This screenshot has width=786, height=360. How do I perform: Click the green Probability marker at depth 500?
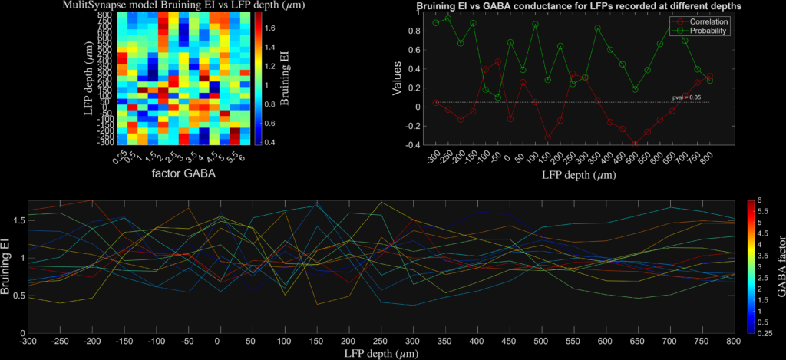(x=635, y=89)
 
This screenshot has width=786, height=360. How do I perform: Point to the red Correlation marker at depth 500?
(x=635, y=144)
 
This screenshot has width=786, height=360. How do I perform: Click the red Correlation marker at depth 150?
(x=547, y=137)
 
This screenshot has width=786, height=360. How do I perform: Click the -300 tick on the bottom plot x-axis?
(x=28, y=339)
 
